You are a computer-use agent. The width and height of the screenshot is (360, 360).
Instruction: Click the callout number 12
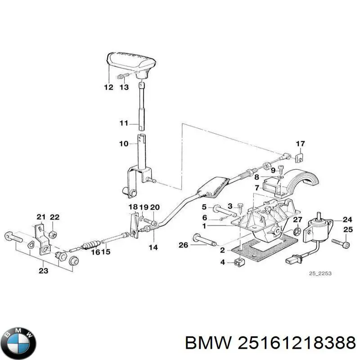pyautogui.click(x=108, y=87)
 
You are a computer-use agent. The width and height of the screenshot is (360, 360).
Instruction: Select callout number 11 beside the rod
pyautogui.click(x=124, y=123)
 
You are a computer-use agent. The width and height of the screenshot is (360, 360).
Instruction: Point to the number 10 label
pyautogui.click(x=124, y=144)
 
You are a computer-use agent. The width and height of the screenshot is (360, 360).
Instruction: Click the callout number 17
pyautogui.click(x=300, y=144)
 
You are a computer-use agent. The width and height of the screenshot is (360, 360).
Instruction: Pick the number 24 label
pyautogui.click(x=347, y=220)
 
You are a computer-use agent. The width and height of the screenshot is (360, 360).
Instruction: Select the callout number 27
pyautogui.click(x=297, y=220)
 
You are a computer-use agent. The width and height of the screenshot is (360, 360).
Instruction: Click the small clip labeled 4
pyautogui.click(x=238, y=263)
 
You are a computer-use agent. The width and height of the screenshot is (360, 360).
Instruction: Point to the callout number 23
pyautogui.click(x=43, y=271)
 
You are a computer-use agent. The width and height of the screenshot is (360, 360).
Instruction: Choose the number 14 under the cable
pyautogui.click(x=153, y=247)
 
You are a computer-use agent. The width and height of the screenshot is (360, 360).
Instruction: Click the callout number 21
pyautogui.click(x=41, y=217)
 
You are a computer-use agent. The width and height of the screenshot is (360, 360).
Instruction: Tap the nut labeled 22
pyautogui.click(x=52, y=234)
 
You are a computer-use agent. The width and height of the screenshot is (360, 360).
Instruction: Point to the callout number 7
pyautogui.click(x=256, y=187)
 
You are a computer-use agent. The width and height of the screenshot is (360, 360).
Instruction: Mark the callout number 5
pyautogui.click(x=204, y=207)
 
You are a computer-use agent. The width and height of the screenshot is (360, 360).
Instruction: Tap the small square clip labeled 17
pyautogui.click(x=300, y=158)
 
